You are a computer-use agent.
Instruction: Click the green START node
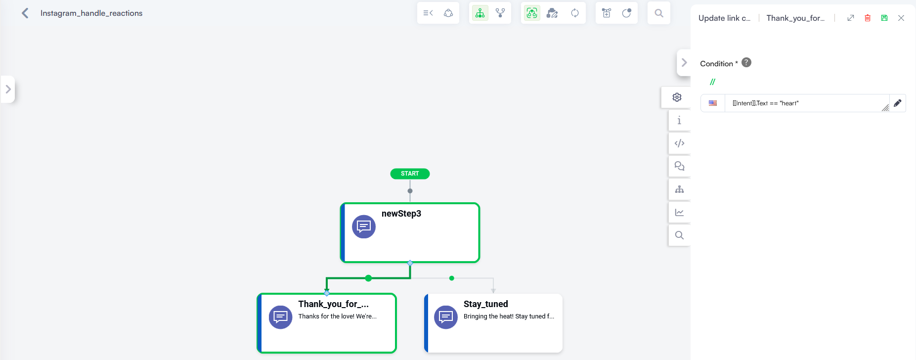tap(410, 174)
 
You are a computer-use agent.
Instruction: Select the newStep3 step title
tap(401, 214)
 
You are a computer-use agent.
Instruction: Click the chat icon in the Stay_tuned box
tap(446, 317)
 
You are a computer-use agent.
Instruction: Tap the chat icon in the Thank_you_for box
tap(280, 317)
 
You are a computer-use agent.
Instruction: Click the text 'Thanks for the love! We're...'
tap(337, 316)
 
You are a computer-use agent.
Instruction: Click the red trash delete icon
tap(868, 18)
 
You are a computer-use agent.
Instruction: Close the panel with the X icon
tap(901, 18)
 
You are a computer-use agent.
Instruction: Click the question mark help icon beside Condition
tap(746, 62)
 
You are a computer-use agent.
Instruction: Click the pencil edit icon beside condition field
tap(898, 103)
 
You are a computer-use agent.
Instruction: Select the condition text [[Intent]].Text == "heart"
tap(765, 103)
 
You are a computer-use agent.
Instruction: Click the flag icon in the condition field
tap(713, 103)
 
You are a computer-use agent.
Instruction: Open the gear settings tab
tap(677, 97)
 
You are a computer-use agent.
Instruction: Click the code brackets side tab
tap(680, 143)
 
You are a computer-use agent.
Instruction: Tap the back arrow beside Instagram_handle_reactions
tap(25, 13)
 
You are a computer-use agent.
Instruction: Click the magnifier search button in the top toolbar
tap(659, 13)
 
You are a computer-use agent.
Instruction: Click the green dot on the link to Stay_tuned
tap(452, 278)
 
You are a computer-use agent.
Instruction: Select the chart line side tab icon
tap(680, 212)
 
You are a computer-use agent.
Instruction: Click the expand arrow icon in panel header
tap(851, 18)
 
